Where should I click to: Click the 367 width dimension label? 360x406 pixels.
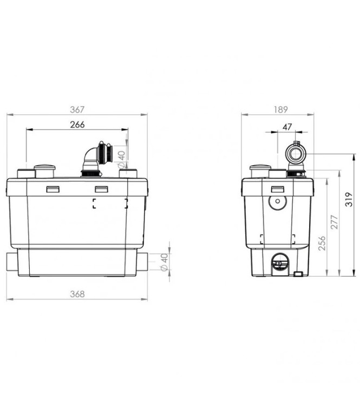click(x=77, y=109)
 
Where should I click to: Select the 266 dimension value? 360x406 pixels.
click(x=77, y=125)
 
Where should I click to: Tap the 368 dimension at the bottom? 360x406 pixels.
click(x=77, y=294)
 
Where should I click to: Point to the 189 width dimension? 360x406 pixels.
click(x=281, y=109)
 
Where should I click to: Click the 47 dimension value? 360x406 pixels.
click(x=287, y=127)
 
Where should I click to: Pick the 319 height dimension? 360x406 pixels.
click(x=349, y=199)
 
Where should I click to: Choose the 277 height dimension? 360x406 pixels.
click(x=335, y=222)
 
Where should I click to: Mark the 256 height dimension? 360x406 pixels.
click(x=322, y=243)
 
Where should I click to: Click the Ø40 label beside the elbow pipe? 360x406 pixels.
click(x=121, y=159)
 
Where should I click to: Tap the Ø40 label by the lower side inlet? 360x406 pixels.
click(x=165, y=262)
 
